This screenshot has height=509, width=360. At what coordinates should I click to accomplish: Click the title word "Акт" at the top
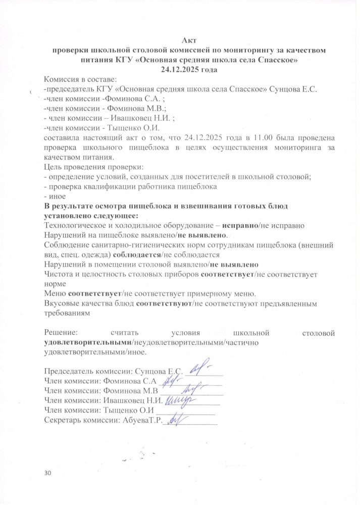click(x=189, y=41)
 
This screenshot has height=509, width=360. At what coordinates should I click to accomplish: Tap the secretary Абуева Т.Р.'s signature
click(x=175, y=419)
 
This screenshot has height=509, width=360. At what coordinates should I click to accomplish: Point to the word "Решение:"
click(x=61, y=333)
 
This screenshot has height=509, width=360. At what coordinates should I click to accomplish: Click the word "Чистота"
click(x=60, y=274)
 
